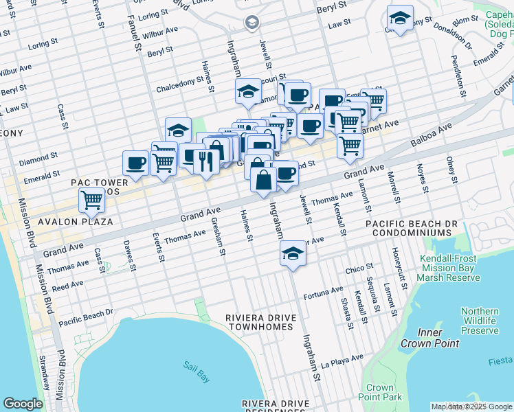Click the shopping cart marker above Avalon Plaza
click(91, 201)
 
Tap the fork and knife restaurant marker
click(206, 160)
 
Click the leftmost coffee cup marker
click(135, 163)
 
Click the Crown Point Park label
click(379, 392)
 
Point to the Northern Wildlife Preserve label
click(479, 321)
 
